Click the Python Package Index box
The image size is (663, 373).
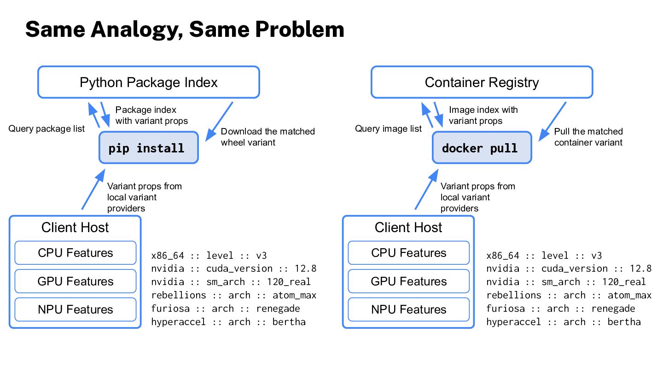(x=149, y=82)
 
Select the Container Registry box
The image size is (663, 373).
(x=482, y=82)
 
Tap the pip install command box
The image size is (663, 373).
(x=149, y=147)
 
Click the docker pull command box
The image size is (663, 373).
(x=482, y=147)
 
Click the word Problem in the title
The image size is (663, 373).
(x=300, y=29)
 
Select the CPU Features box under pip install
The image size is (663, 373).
(x=76, y=253)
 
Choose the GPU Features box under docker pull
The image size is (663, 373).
(x=409, y=281)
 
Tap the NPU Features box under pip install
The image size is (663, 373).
(x=76, y=309)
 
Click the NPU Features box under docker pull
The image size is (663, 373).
(x=409, y=309)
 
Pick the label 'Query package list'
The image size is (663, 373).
(x=47, y=129)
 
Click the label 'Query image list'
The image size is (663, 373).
(x=388, y=129)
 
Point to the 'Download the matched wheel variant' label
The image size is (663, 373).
(x=268, y=137)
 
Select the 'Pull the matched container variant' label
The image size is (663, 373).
(x=588, y=137)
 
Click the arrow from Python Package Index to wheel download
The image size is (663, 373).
(x=219, y=122)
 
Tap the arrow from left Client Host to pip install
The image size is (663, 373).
(x=93, y=189)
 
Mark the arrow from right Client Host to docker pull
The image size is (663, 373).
(x=426, y=189)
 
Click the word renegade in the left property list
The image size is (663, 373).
(x=278, y=309)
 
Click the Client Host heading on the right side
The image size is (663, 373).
(x=408, y=227)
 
